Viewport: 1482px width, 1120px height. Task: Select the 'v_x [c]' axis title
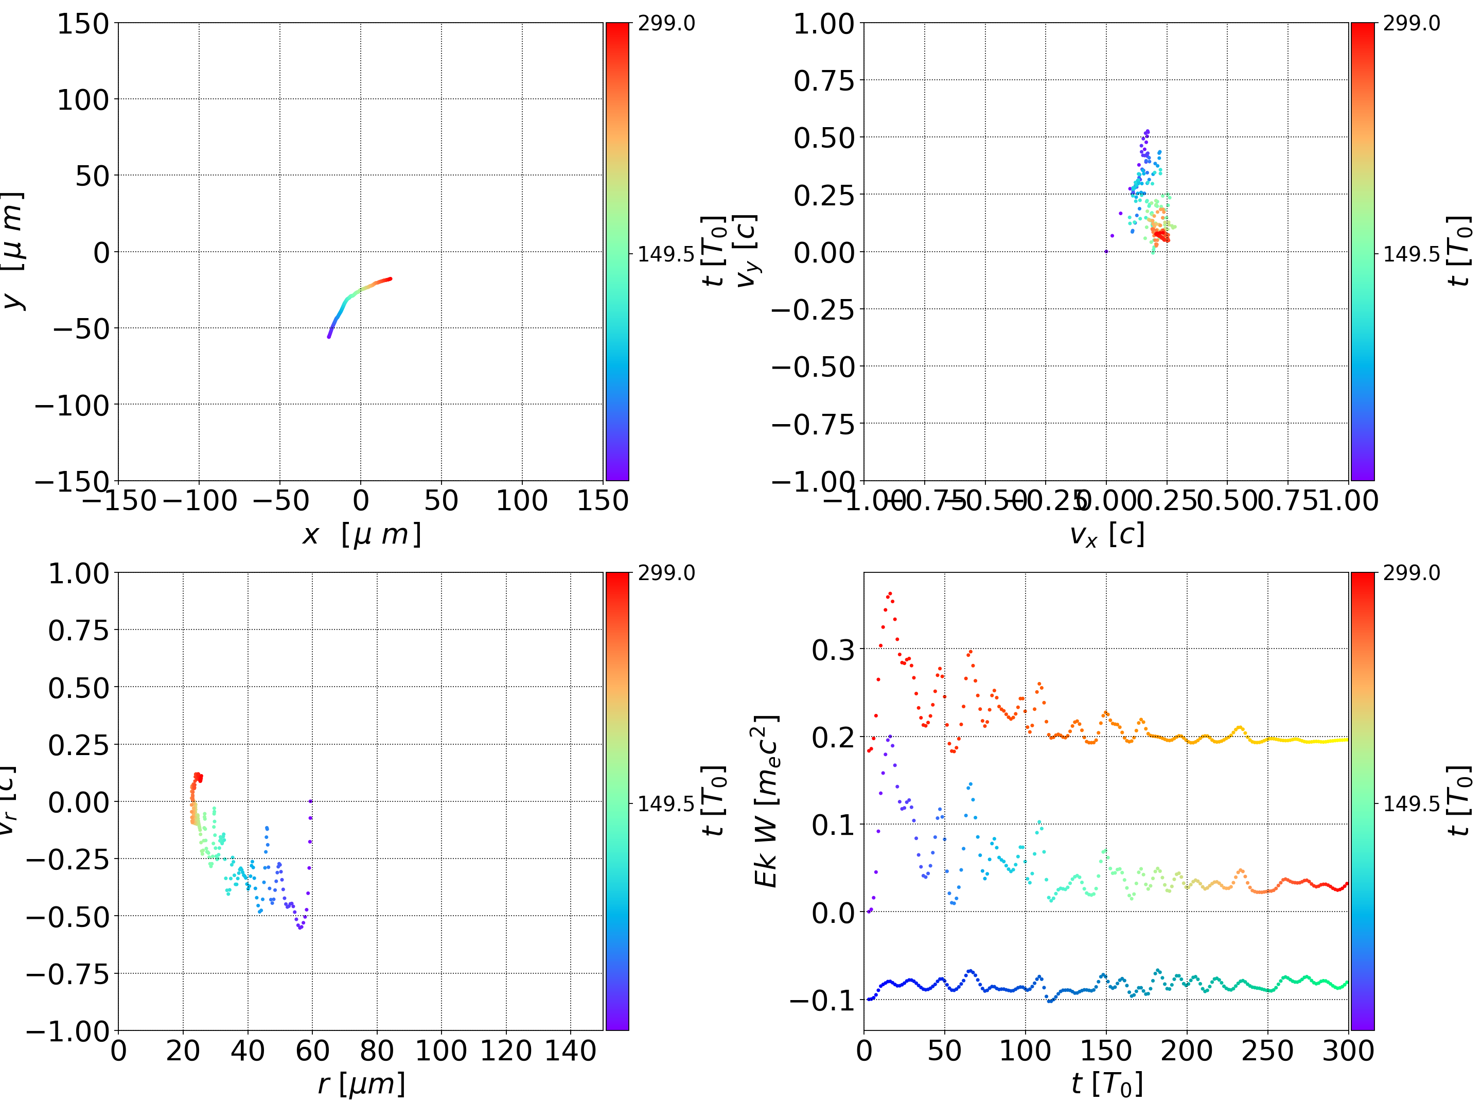[1106, 534]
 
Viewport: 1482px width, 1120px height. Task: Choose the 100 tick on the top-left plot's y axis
[82, 100]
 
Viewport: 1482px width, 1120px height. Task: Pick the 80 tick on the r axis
[377, 1051]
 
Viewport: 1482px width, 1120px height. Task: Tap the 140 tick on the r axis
[570, 1051]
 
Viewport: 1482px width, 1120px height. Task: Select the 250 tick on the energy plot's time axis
[1267, 1051]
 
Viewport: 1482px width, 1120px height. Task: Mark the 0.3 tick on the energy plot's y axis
[833, 650]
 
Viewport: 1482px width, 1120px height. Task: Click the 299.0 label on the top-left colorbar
[666, 24]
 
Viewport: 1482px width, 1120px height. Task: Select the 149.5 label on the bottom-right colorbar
[1411, 803]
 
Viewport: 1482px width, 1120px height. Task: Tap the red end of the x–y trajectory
[390, 279]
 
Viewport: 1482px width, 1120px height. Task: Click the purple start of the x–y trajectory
[329, 337]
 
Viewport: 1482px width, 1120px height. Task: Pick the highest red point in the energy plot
[890, 593]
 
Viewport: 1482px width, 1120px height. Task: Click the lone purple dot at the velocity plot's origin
[1106, 251]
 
